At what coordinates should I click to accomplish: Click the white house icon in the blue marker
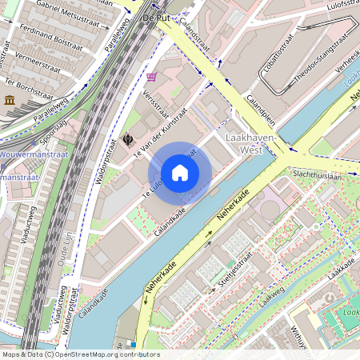click(x=180, y=173)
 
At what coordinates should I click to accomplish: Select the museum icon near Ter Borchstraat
click(x=10, y=101)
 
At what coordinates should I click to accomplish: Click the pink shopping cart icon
click(x=151, y=77)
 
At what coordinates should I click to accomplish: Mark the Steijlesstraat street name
click(x=236, y=269)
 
